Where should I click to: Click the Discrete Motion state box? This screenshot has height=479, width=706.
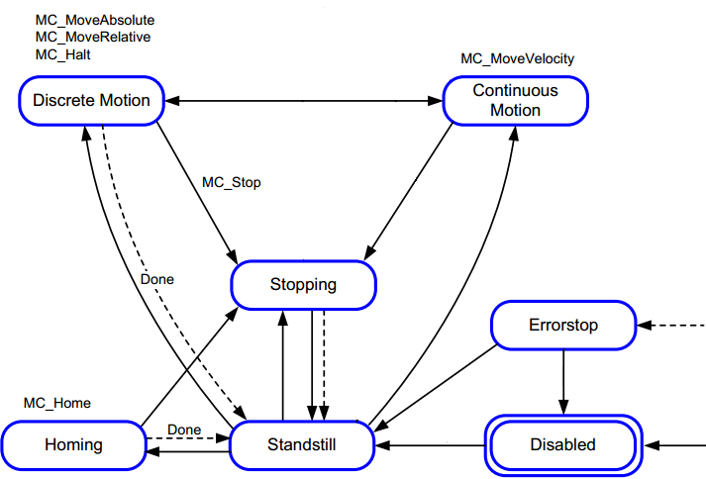91,100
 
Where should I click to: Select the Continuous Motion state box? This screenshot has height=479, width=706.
515,100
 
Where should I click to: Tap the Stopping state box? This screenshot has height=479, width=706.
303,285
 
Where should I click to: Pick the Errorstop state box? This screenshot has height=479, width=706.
563,326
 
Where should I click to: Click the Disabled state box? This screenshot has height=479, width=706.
561,445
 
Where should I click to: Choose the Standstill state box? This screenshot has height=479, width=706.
302,445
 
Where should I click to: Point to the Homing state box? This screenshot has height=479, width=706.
73,445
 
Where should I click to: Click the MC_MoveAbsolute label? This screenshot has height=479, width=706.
94,20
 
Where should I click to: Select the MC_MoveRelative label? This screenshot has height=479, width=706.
92,37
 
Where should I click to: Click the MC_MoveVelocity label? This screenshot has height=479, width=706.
517,58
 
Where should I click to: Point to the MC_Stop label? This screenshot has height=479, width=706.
231,183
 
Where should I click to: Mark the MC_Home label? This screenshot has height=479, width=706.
56,403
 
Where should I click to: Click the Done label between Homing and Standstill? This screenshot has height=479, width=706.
183,430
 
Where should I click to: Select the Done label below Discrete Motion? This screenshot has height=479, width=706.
156,280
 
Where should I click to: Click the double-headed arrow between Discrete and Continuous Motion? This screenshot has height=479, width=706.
302,100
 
